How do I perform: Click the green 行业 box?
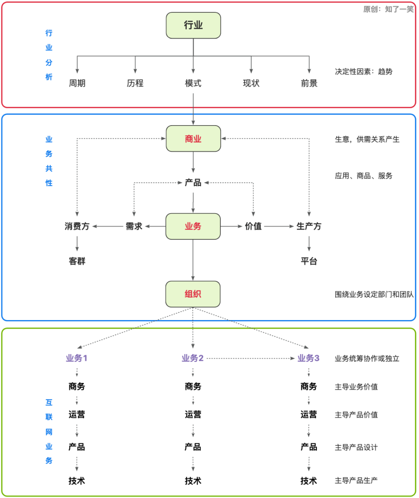(193, 25)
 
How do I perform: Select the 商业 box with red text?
(193, 139)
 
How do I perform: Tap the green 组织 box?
(193, 294)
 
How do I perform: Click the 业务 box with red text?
(193, 226)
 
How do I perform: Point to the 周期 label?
(77, 83)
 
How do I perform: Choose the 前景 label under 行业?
(309, 83)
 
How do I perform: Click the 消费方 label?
(77, 226)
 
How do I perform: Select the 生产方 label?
(309, 226)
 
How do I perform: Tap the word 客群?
(77, 261)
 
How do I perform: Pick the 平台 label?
(309, 261)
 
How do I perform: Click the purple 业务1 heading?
(76, 358)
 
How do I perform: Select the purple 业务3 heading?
(308, 358)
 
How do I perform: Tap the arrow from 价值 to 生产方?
(279, 226)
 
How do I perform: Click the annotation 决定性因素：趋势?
(364, 72)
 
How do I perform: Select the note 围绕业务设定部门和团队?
(374, 295)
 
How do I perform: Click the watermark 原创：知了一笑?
(388, 9)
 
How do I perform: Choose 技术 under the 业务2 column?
(193, 481)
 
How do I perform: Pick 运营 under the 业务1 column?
(76, 415)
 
